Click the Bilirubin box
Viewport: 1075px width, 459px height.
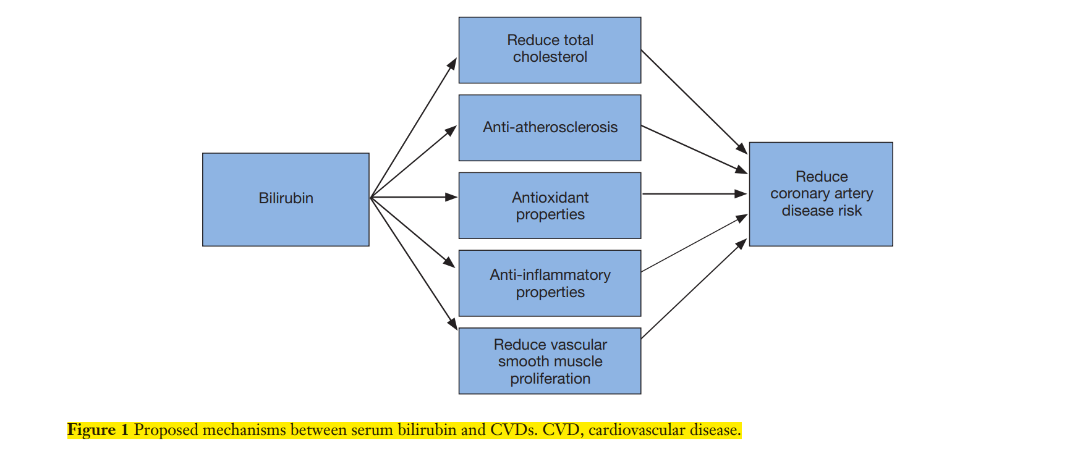point(286,200)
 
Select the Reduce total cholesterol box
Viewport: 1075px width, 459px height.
point(550,50)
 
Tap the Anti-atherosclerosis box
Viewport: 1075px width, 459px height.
point(550,128)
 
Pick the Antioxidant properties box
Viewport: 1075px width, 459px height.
point(550,206)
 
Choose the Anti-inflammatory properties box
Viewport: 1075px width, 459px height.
point(550,284)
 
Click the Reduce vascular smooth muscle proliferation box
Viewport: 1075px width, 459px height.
point(550,361)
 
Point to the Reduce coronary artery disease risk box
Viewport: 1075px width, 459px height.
point(821,194)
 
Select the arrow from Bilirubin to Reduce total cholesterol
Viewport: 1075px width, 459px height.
point(414,127)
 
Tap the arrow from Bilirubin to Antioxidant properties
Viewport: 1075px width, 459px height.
point(414,197)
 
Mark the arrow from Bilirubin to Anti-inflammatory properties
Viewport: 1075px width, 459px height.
point(413,232)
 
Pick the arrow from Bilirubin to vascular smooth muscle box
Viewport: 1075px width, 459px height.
point(414,264)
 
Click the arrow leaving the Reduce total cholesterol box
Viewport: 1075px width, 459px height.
point(694,102)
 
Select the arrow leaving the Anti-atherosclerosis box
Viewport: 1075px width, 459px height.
point(694,149)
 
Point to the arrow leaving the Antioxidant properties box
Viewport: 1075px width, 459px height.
point(695,194)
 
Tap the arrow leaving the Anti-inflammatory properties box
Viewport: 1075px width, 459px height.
point(694,243)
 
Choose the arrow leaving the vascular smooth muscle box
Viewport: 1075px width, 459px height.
point(694,288)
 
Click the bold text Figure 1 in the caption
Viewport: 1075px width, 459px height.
point(98,430)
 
